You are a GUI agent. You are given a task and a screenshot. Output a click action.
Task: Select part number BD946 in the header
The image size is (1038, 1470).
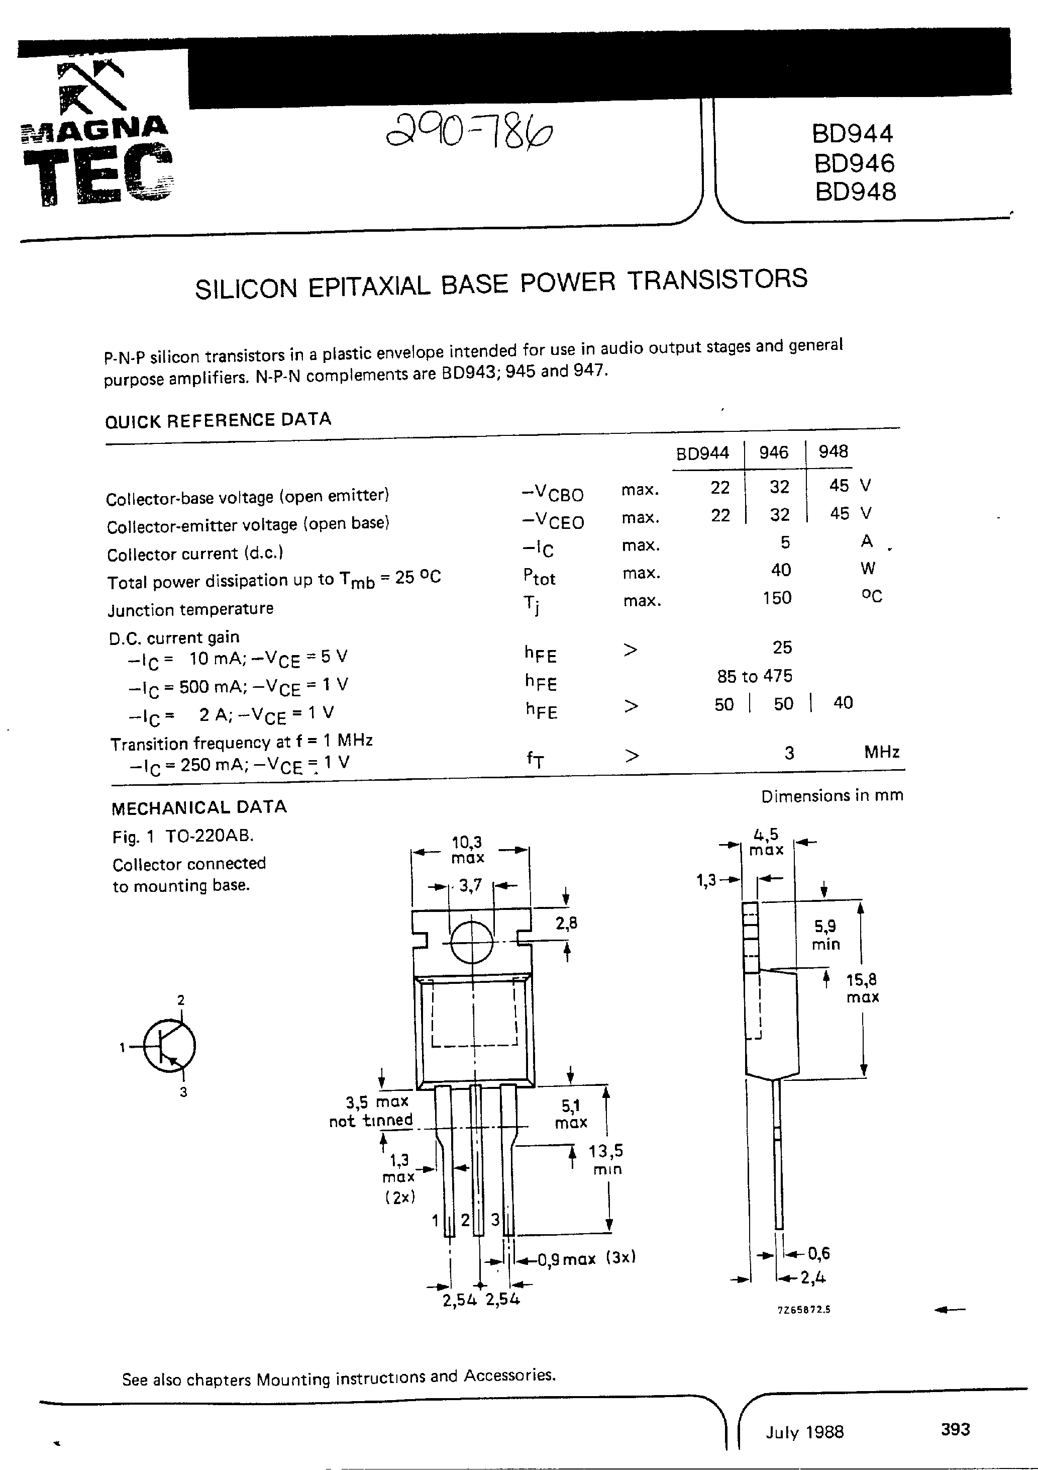click(x=854, y=163)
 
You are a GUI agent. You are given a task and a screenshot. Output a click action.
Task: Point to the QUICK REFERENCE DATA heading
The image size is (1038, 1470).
click(x=218, y=420)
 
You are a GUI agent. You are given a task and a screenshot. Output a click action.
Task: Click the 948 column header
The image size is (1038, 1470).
click(x=833, y=451)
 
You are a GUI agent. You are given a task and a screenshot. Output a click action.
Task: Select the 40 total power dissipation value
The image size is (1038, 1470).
click(x=780, y=569)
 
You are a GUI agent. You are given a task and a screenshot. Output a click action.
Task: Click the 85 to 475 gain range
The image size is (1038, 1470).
click(x=755, y=676)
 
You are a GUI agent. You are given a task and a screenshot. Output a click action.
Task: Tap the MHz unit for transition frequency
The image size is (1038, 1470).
click(x=881, y=751)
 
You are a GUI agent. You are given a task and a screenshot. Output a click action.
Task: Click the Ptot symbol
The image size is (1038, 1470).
click(x=539, y=576)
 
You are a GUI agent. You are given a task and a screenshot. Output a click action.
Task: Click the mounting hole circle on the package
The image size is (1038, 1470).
click(x=472, y=942)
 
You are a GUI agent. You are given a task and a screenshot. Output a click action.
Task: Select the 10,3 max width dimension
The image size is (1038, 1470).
click(x=467, y=849)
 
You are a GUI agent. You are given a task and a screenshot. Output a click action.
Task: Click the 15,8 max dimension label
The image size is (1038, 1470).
click(x=862, y=988)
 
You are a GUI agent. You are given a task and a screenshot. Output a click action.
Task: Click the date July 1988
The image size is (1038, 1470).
click(x=804, y=1432)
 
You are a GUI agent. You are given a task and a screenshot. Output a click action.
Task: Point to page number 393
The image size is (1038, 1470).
click(x=955, y=1428)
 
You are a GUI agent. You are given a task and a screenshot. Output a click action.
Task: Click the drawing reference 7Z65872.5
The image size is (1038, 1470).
click(x=804, y=1309)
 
